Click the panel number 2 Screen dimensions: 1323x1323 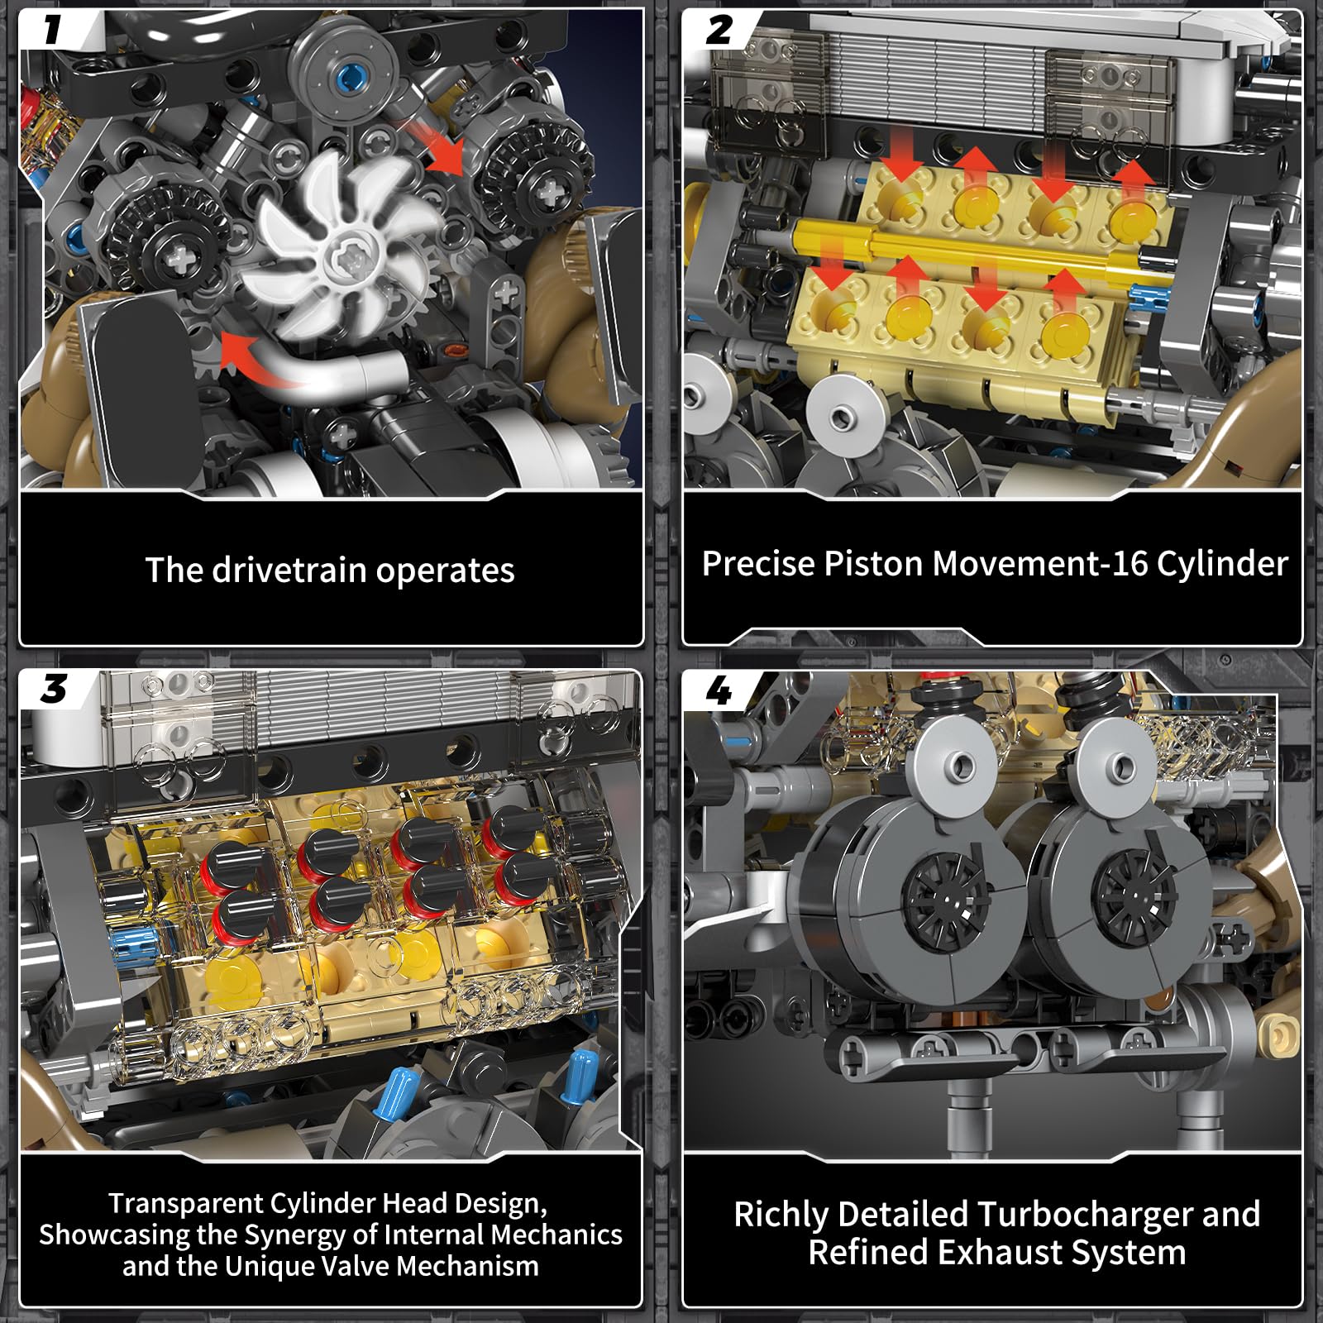(x=719, y=30)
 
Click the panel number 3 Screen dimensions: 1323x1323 (x=54, y=688)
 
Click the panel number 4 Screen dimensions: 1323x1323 (x=719, y=690)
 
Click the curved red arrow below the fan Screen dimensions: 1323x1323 (x=273, y=364)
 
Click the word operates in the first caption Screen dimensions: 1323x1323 (x=445, y=571)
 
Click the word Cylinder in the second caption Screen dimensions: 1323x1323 (x=1222, y=563)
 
